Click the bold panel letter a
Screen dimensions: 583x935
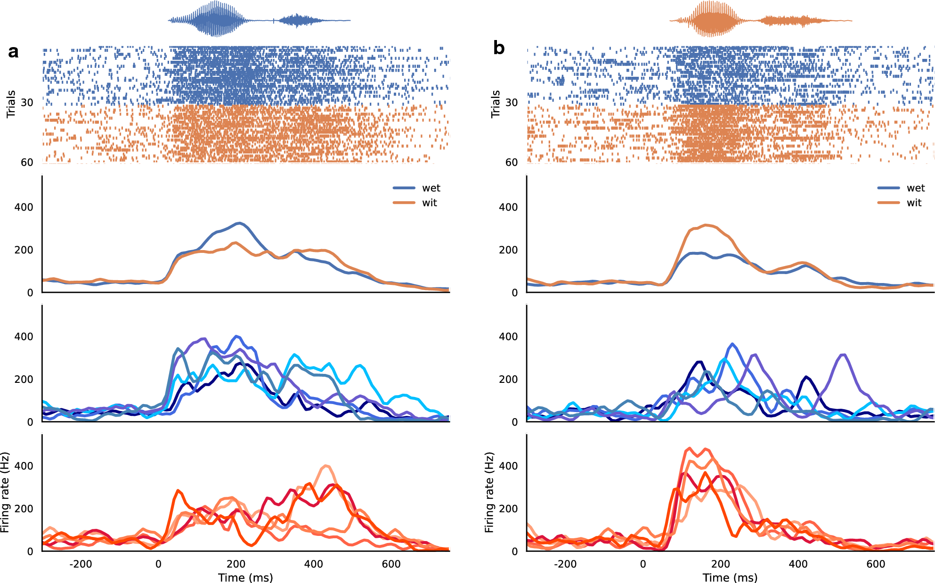click(13, 51)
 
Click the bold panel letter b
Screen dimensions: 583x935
click(498, 48)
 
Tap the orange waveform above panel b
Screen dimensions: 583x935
click(714, 19)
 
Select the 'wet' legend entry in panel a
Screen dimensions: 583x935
click(431, 188)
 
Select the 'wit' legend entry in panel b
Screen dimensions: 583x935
click(913, 202)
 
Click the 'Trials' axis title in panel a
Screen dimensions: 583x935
click(11, 104)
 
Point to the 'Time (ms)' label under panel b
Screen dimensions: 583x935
click(730, 577)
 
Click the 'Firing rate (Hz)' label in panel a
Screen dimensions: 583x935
click(5, 493)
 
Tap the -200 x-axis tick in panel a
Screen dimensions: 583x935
click(81, 564)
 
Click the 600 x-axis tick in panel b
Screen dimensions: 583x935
click(876, 564)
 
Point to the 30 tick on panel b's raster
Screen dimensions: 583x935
click(511, 102)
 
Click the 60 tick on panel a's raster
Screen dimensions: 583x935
click(27, 162)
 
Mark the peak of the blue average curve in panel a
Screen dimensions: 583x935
click(240, 223)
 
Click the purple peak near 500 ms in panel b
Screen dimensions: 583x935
click(844, 355)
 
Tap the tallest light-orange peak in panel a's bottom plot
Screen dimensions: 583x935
click(326, 466)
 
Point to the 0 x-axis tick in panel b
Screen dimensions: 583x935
click(642, 564)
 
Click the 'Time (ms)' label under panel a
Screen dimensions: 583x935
click(245, 577)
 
